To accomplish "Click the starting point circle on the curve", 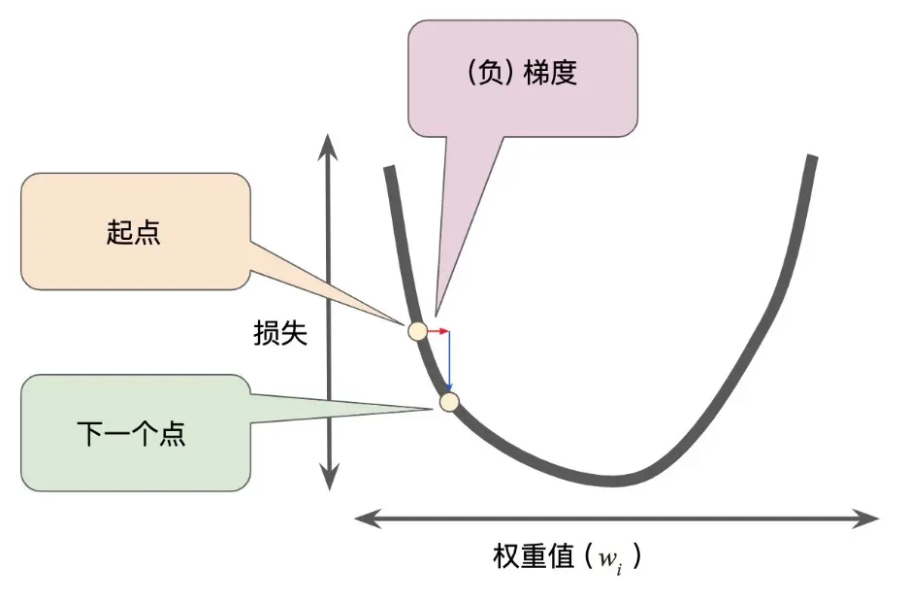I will (x=417, y=331).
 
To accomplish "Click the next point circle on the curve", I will (x=448, y=401).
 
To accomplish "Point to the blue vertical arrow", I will (x=449, y=361).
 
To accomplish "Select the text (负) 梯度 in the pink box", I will (x=522, y=73).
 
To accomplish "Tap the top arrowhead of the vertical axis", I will (x=330, y=142).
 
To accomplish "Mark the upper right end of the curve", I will (x=812, y=158).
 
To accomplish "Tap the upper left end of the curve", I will (x=388, y=170).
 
